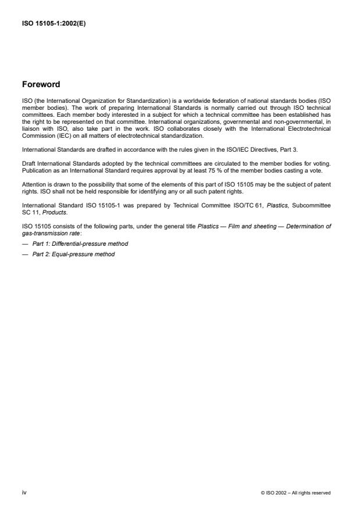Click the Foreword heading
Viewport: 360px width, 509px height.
click(x=41, y=84)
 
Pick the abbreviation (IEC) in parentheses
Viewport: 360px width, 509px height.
click(x=56, y=136)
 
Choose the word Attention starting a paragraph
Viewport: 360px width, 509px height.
click(x=33, y=184)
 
